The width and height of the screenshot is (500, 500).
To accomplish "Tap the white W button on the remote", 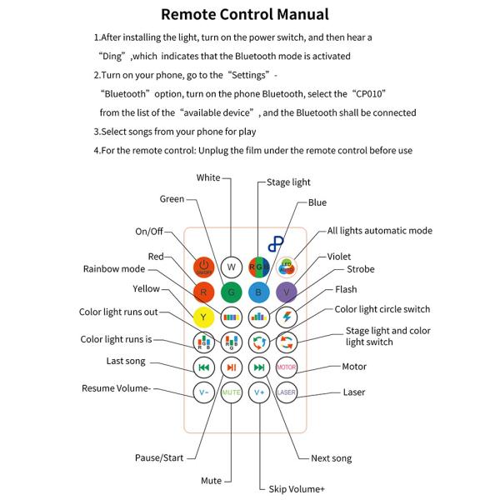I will (232, 267).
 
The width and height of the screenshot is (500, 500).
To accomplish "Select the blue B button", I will (259, 292).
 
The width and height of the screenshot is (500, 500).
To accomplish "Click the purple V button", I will (287, 292).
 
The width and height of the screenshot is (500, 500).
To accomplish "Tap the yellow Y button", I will (203, 317).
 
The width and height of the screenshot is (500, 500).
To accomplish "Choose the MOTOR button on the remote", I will (287, 367).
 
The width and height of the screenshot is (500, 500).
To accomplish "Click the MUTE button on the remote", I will (232, 391).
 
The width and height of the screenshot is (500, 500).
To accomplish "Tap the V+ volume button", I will (259, 391).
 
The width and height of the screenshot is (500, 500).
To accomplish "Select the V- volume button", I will (203, 391).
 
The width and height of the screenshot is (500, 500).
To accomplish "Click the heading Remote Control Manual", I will (244, 14).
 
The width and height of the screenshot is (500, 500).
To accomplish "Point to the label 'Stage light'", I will (288, 181).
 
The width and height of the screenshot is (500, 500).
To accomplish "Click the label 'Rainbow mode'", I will (113, 269).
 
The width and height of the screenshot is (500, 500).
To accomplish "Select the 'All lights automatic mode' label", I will (379, 231).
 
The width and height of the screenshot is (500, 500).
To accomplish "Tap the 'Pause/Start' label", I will (160, 457).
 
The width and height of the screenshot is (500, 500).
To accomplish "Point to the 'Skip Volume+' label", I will (297, 490).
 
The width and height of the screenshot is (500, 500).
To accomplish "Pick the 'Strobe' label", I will (360, 270).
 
